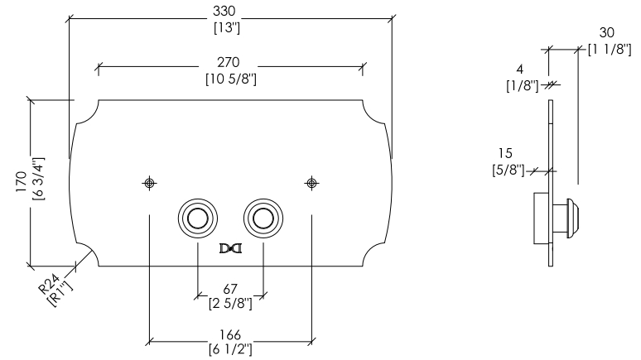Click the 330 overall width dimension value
point(224,11)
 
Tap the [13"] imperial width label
point(226,28)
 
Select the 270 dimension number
point(228,62)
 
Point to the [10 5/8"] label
point(231,79)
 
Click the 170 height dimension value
point(22,182)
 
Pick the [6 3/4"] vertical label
point(38,179)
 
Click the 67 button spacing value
point(230,290)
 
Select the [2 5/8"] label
point(230,304)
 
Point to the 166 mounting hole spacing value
point(230,335)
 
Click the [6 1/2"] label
point(230,350)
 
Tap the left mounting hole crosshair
point(150,183)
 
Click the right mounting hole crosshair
point(312,183)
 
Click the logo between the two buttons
point(230,248)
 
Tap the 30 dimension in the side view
point(607,32)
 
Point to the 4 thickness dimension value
point(519,70)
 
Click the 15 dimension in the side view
point(505,153)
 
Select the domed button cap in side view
point(573,218)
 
